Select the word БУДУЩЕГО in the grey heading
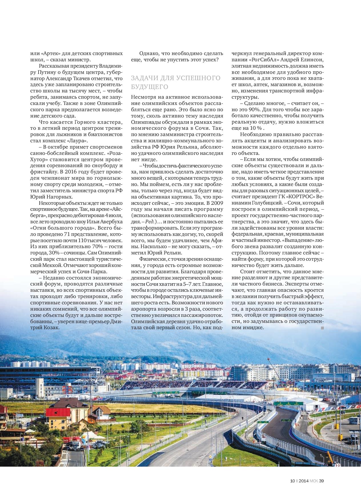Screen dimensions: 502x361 point(149,86)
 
